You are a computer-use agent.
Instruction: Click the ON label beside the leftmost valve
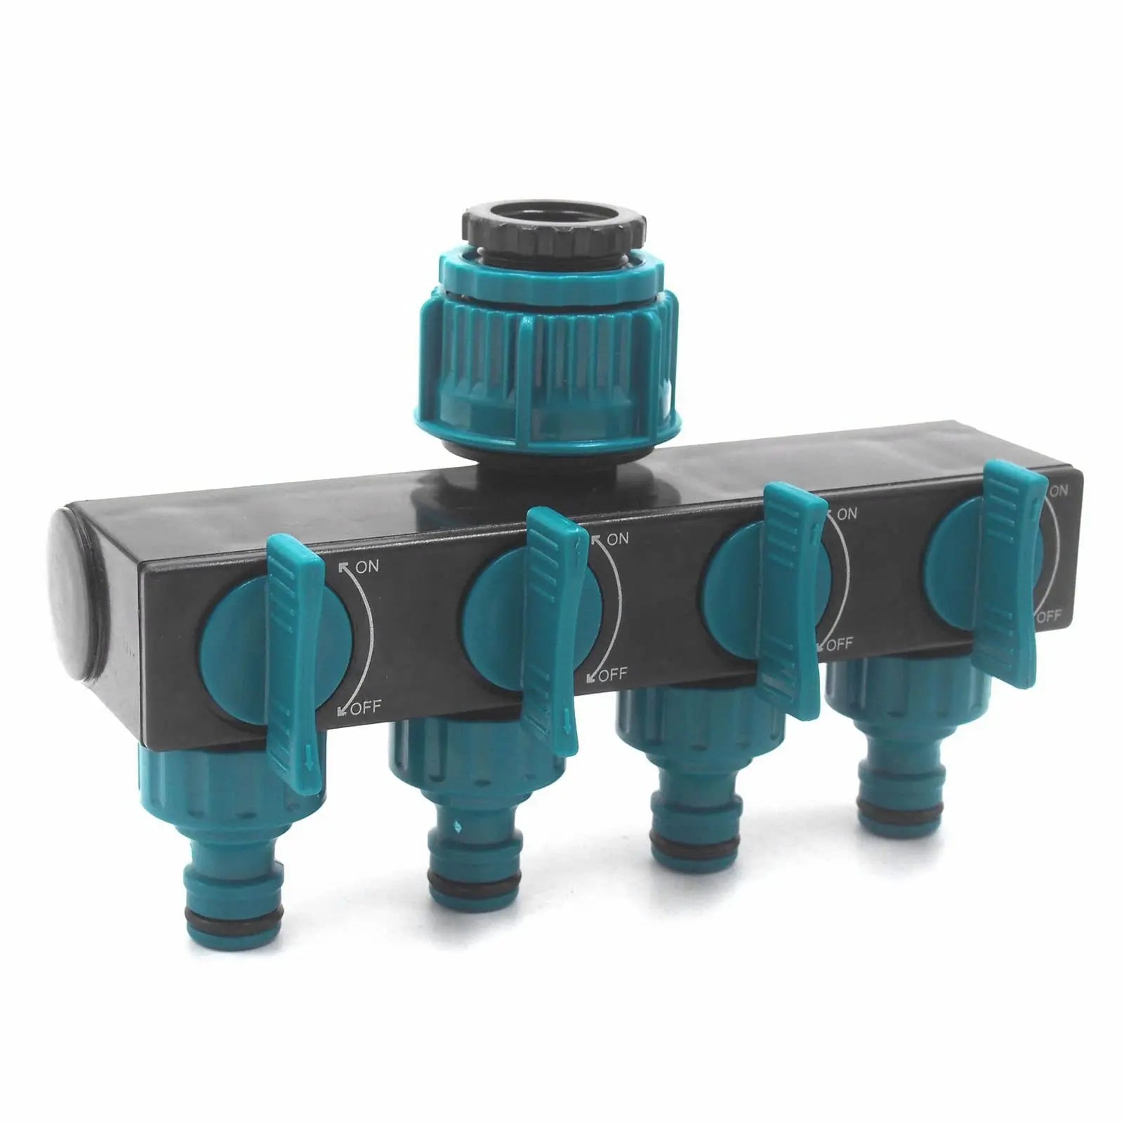pyautogui.click(x=365, y=567)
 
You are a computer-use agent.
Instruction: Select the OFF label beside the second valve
pyautogui.click(x=611, y=675)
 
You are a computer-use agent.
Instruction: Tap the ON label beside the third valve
pyautogui.click(x=847, y=514)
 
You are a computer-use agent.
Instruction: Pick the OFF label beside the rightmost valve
pyautogui.click(x=1049, y=616)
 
